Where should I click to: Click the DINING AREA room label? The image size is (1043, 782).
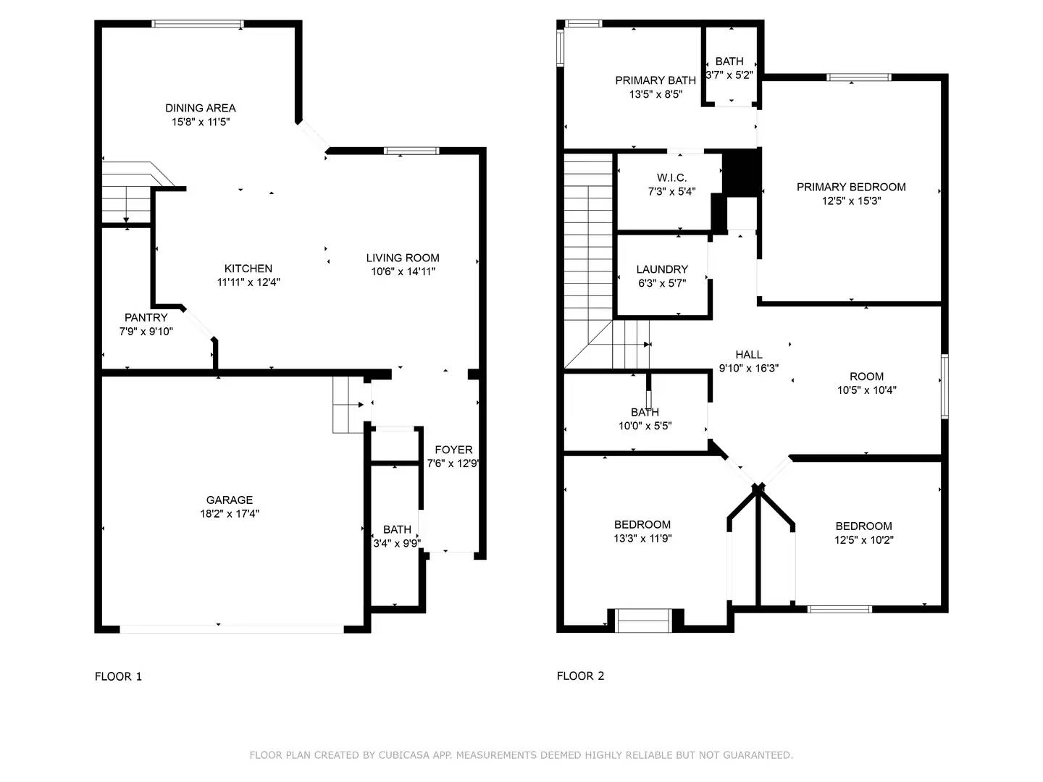click(200, 108)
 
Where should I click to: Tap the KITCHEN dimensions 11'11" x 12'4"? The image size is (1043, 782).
click(248, 282)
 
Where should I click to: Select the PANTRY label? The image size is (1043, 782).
click(146, 317)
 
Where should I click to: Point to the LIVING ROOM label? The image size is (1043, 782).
click(402, 258)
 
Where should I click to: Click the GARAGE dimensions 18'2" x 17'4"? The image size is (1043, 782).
click(230, 514)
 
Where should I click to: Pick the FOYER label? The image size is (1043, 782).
click(453, 450)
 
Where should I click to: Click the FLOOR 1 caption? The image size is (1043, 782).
click(118, 676)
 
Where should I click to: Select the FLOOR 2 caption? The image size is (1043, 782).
click(580, 676)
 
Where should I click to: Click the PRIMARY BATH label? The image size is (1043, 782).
click(655, 80)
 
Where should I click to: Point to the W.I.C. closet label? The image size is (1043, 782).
click(671, 177)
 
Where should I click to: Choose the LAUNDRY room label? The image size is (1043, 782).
click(662, 269)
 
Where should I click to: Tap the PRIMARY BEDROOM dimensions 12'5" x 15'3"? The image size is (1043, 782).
click(851, 201)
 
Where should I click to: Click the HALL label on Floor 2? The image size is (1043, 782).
click(748, 354)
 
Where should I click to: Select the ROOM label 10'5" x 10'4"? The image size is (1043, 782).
click(866, 377)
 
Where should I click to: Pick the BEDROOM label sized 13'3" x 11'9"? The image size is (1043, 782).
click(642, 524)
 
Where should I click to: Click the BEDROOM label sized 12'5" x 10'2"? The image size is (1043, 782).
click(863, 526)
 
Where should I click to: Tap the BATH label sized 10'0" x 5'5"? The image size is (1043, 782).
click(645, 412)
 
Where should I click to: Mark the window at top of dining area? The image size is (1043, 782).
click(198, 24)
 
